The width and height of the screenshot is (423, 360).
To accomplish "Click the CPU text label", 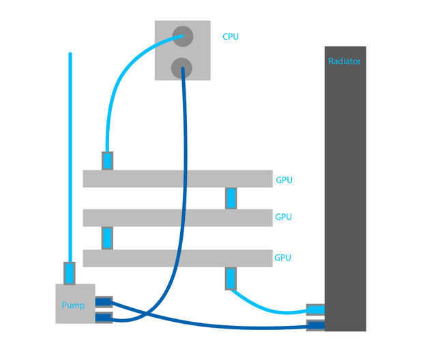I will tap(231, 36).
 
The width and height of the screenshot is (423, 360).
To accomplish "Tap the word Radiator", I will tap(345, 61).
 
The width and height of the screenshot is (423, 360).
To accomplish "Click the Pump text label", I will tap(74, 305).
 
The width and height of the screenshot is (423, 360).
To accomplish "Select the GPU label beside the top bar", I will tap(284, 181).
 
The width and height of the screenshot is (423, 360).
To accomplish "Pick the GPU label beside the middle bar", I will tap(283, 217).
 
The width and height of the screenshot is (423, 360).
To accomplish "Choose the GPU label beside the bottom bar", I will tap(283, 258).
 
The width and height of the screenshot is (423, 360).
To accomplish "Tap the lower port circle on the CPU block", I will tap(181, 67).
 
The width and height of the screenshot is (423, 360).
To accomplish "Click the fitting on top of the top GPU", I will tap(108, 161).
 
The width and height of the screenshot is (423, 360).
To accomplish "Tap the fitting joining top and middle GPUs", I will tap(231, 198).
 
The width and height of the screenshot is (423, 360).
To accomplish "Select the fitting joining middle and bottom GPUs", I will tap(108, 238).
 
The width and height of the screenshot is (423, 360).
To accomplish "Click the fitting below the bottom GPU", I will tap(231, 279).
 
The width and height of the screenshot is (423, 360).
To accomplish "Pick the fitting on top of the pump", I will tap(70, 273).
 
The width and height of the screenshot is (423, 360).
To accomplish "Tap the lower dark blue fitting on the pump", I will tap(104, 317).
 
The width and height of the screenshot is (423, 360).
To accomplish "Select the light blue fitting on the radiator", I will tap(315, 310).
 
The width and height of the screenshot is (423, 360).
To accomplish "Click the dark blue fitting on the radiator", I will tap(315, 325).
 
